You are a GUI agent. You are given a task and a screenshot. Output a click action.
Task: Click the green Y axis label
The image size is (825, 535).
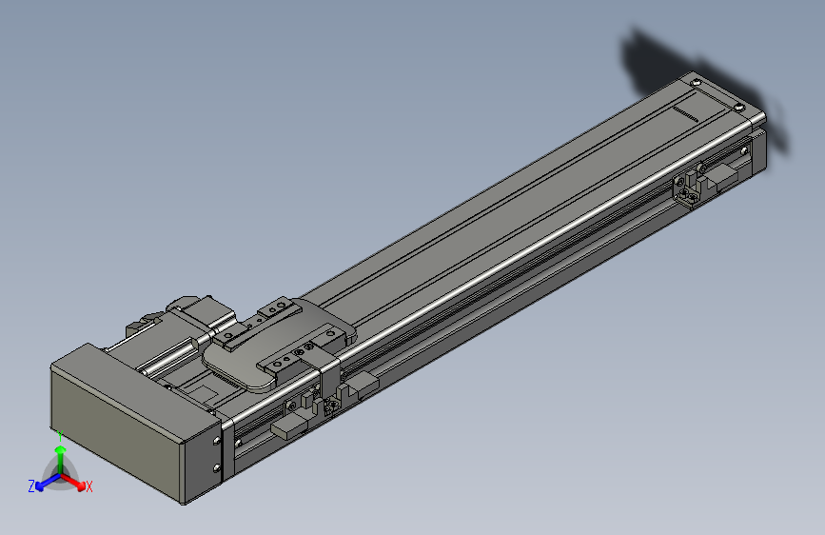coord(59,434)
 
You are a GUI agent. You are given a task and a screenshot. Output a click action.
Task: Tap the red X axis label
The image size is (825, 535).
coord(89,486)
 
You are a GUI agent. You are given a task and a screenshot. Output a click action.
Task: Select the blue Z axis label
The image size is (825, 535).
coord(31,485)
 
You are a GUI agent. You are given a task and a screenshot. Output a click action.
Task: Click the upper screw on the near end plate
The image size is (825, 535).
coord(217,442)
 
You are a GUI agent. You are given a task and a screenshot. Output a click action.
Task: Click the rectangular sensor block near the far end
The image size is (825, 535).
coord(723,176)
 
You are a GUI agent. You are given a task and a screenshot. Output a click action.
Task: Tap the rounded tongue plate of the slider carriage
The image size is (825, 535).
coord(238,367)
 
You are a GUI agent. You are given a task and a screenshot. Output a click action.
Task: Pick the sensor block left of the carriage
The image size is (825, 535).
coord(290,426)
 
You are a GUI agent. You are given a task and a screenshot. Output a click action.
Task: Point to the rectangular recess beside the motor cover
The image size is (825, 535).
coord(201,390)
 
